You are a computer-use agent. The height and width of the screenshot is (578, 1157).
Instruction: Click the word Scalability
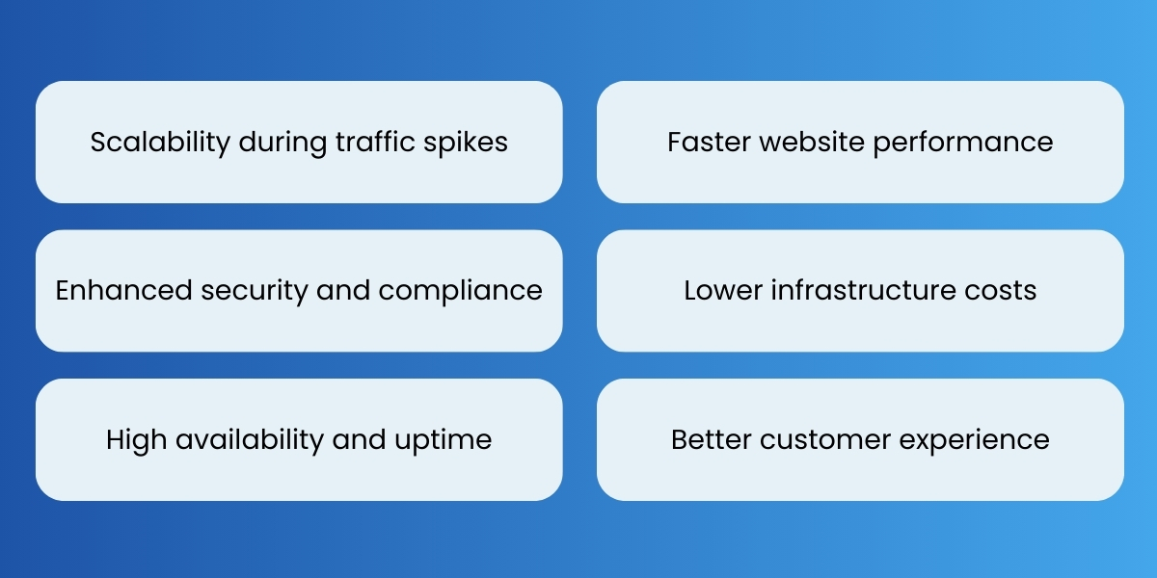161,143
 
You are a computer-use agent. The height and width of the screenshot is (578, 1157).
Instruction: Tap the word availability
245,440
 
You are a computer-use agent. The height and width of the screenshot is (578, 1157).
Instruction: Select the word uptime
446,440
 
